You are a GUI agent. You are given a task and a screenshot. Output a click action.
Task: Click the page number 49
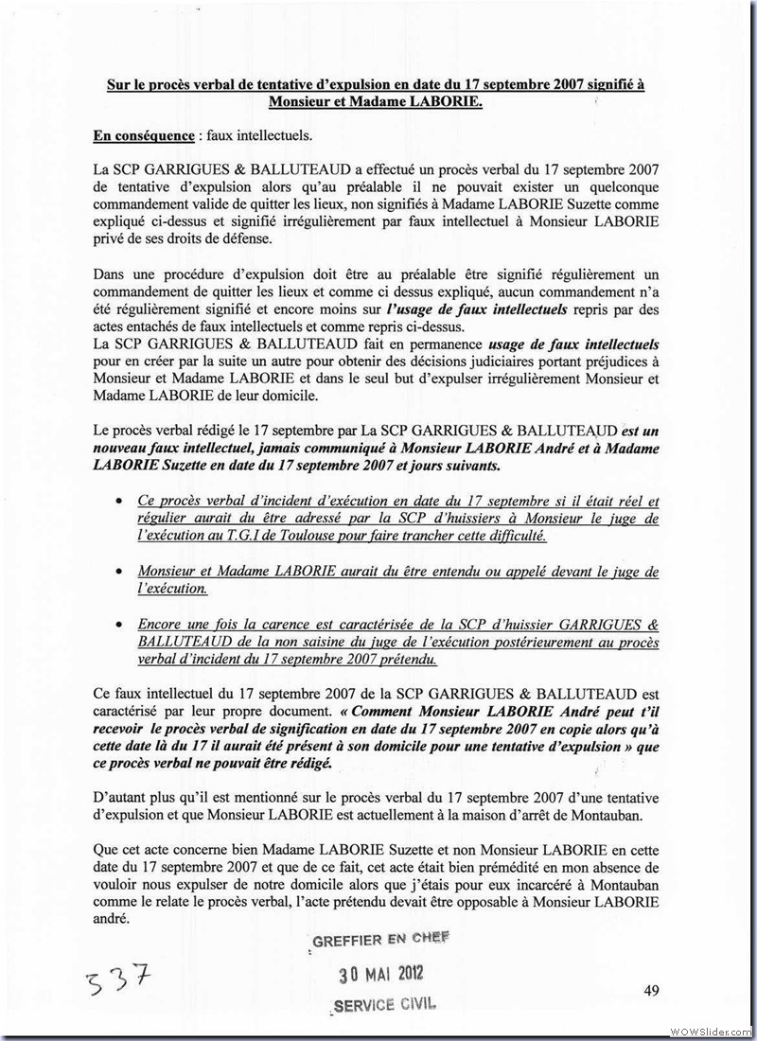(x=650, y=990)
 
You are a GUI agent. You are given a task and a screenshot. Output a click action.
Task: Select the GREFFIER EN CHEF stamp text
(x=379, y=939)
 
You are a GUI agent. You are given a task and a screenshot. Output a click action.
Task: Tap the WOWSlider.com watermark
(x=711, y=1030)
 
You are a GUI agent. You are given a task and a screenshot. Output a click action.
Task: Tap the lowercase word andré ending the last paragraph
(x=115, y=918)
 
